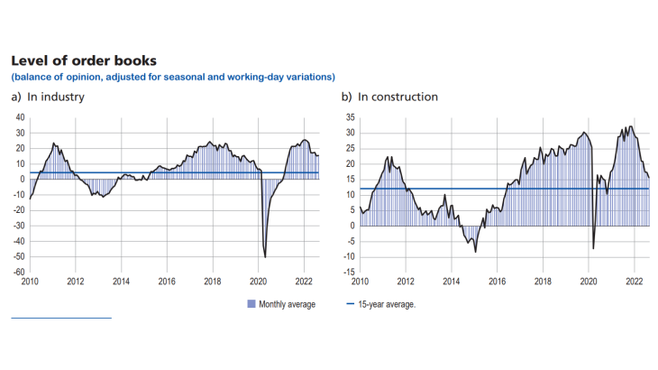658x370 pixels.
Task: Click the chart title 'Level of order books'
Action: [x=84, y=60]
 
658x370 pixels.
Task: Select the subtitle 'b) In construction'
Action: [x=388, y=97]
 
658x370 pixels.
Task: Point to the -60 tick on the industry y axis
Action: [x=18, y=272]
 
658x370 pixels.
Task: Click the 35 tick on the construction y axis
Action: [x=351, y=117]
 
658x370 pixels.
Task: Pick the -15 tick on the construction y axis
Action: [x=349, y=272]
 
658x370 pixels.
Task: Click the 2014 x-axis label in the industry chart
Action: [x=121, y=282]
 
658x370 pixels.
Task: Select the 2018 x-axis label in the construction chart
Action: [x=543, y=282]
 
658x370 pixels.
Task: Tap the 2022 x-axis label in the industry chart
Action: [x=304, y=282]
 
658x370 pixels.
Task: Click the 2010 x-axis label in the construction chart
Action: [x=360, y=282]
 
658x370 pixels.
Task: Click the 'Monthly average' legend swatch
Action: [x=251, y=304]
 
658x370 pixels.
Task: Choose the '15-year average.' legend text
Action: [x=389, y=304]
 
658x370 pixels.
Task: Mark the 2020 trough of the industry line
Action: [x=265, y=257]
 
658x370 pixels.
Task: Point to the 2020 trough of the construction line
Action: [x=593, y=248]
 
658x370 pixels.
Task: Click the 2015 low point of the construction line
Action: [x=475, y=251]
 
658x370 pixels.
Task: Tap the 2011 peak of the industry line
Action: [x=54, y=143]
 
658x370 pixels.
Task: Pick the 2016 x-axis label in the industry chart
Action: [x=167, y=282]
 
